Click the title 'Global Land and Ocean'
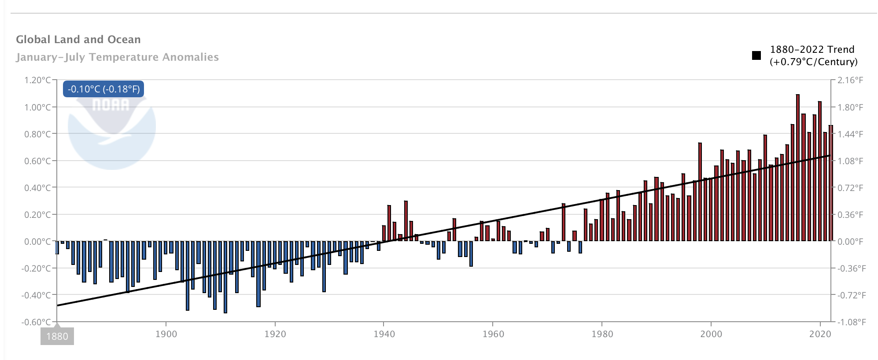coord(78,40)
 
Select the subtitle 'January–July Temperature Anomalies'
coord(117,57)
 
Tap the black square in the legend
coord(756,55)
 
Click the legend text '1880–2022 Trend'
coord(812,49)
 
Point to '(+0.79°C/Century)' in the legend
coord(813,62)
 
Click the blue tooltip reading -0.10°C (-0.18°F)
coord(103,89)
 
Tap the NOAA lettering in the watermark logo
coord(111,105)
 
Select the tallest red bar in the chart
coord(797,167)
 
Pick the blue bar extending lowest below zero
coord(225,277)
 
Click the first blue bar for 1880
coord(57,248)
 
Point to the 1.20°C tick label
coord(37,80)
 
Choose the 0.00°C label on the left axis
coord(37,241)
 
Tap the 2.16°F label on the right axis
coord(850,80)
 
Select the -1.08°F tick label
coord(851,322)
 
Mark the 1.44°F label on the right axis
coord(850,134)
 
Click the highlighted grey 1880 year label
coord(57,336)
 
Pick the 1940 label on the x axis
coord(384,334)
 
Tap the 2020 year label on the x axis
coord(820,334)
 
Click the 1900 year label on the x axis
coord(166,334)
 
